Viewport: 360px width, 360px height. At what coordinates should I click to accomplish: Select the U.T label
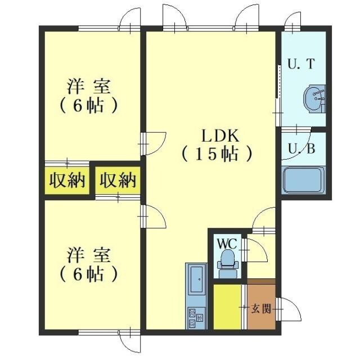[x=301, y=65]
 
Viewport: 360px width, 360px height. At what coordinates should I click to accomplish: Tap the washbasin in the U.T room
[x=313, y=99]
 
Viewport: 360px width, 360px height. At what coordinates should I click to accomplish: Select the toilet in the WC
[x=227, y=262]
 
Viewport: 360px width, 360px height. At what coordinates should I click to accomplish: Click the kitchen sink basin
[x=196, y=280]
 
